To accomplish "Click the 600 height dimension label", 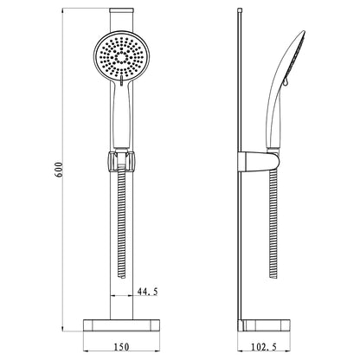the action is pos(59,170).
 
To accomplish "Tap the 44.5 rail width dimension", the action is pos(148,292).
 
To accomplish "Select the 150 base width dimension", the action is pos(121,347).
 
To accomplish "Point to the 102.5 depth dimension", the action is pos(263,347).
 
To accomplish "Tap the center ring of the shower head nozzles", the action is pos(121,57).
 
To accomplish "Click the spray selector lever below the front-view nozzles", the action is pos(121,80).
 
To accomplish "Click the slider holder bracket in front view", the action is pos(121,161).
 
